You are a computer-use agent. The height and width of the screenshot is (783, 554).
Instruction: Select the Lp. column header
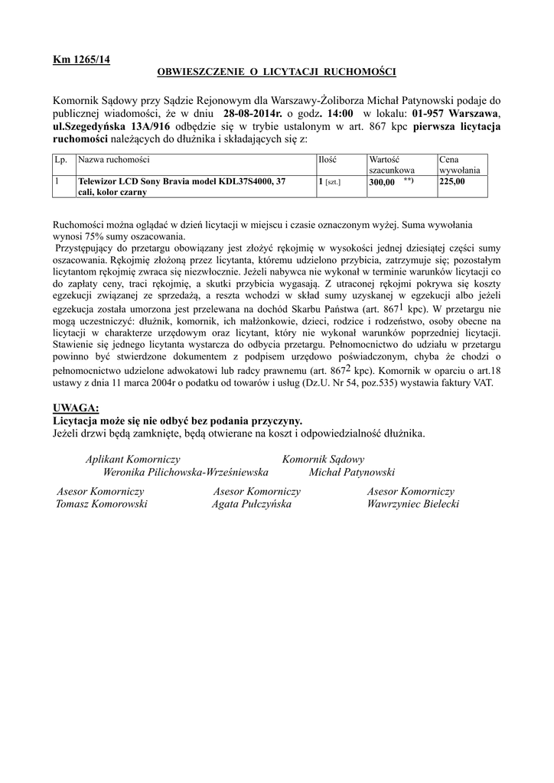(60, 160)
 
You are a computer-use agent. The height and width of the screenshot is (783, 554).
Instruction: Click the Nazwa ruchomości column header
(114, 160)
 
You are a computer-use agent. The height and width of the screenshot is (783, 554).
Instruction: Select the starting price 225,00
(451, 182)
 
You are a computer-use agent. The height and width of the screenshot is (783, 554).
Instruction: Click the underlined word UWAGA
(77, 408)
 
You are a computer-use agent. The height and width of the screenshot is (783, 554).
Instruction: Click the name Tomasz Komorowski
(102, 505)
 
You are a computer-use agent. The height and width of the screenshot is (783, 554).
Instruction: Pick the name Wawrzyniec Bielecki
(412, 505)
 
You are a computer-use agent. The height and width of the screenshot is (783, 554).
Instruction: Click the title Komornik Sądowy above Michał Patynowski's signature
(324, 460)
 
